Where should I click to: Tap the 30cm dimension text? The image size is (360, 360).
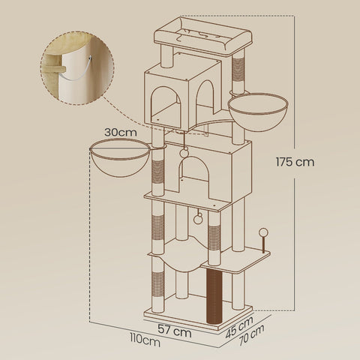click(119, 131)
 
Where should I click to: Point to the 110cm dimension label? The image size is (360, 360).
click(144, 342)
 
